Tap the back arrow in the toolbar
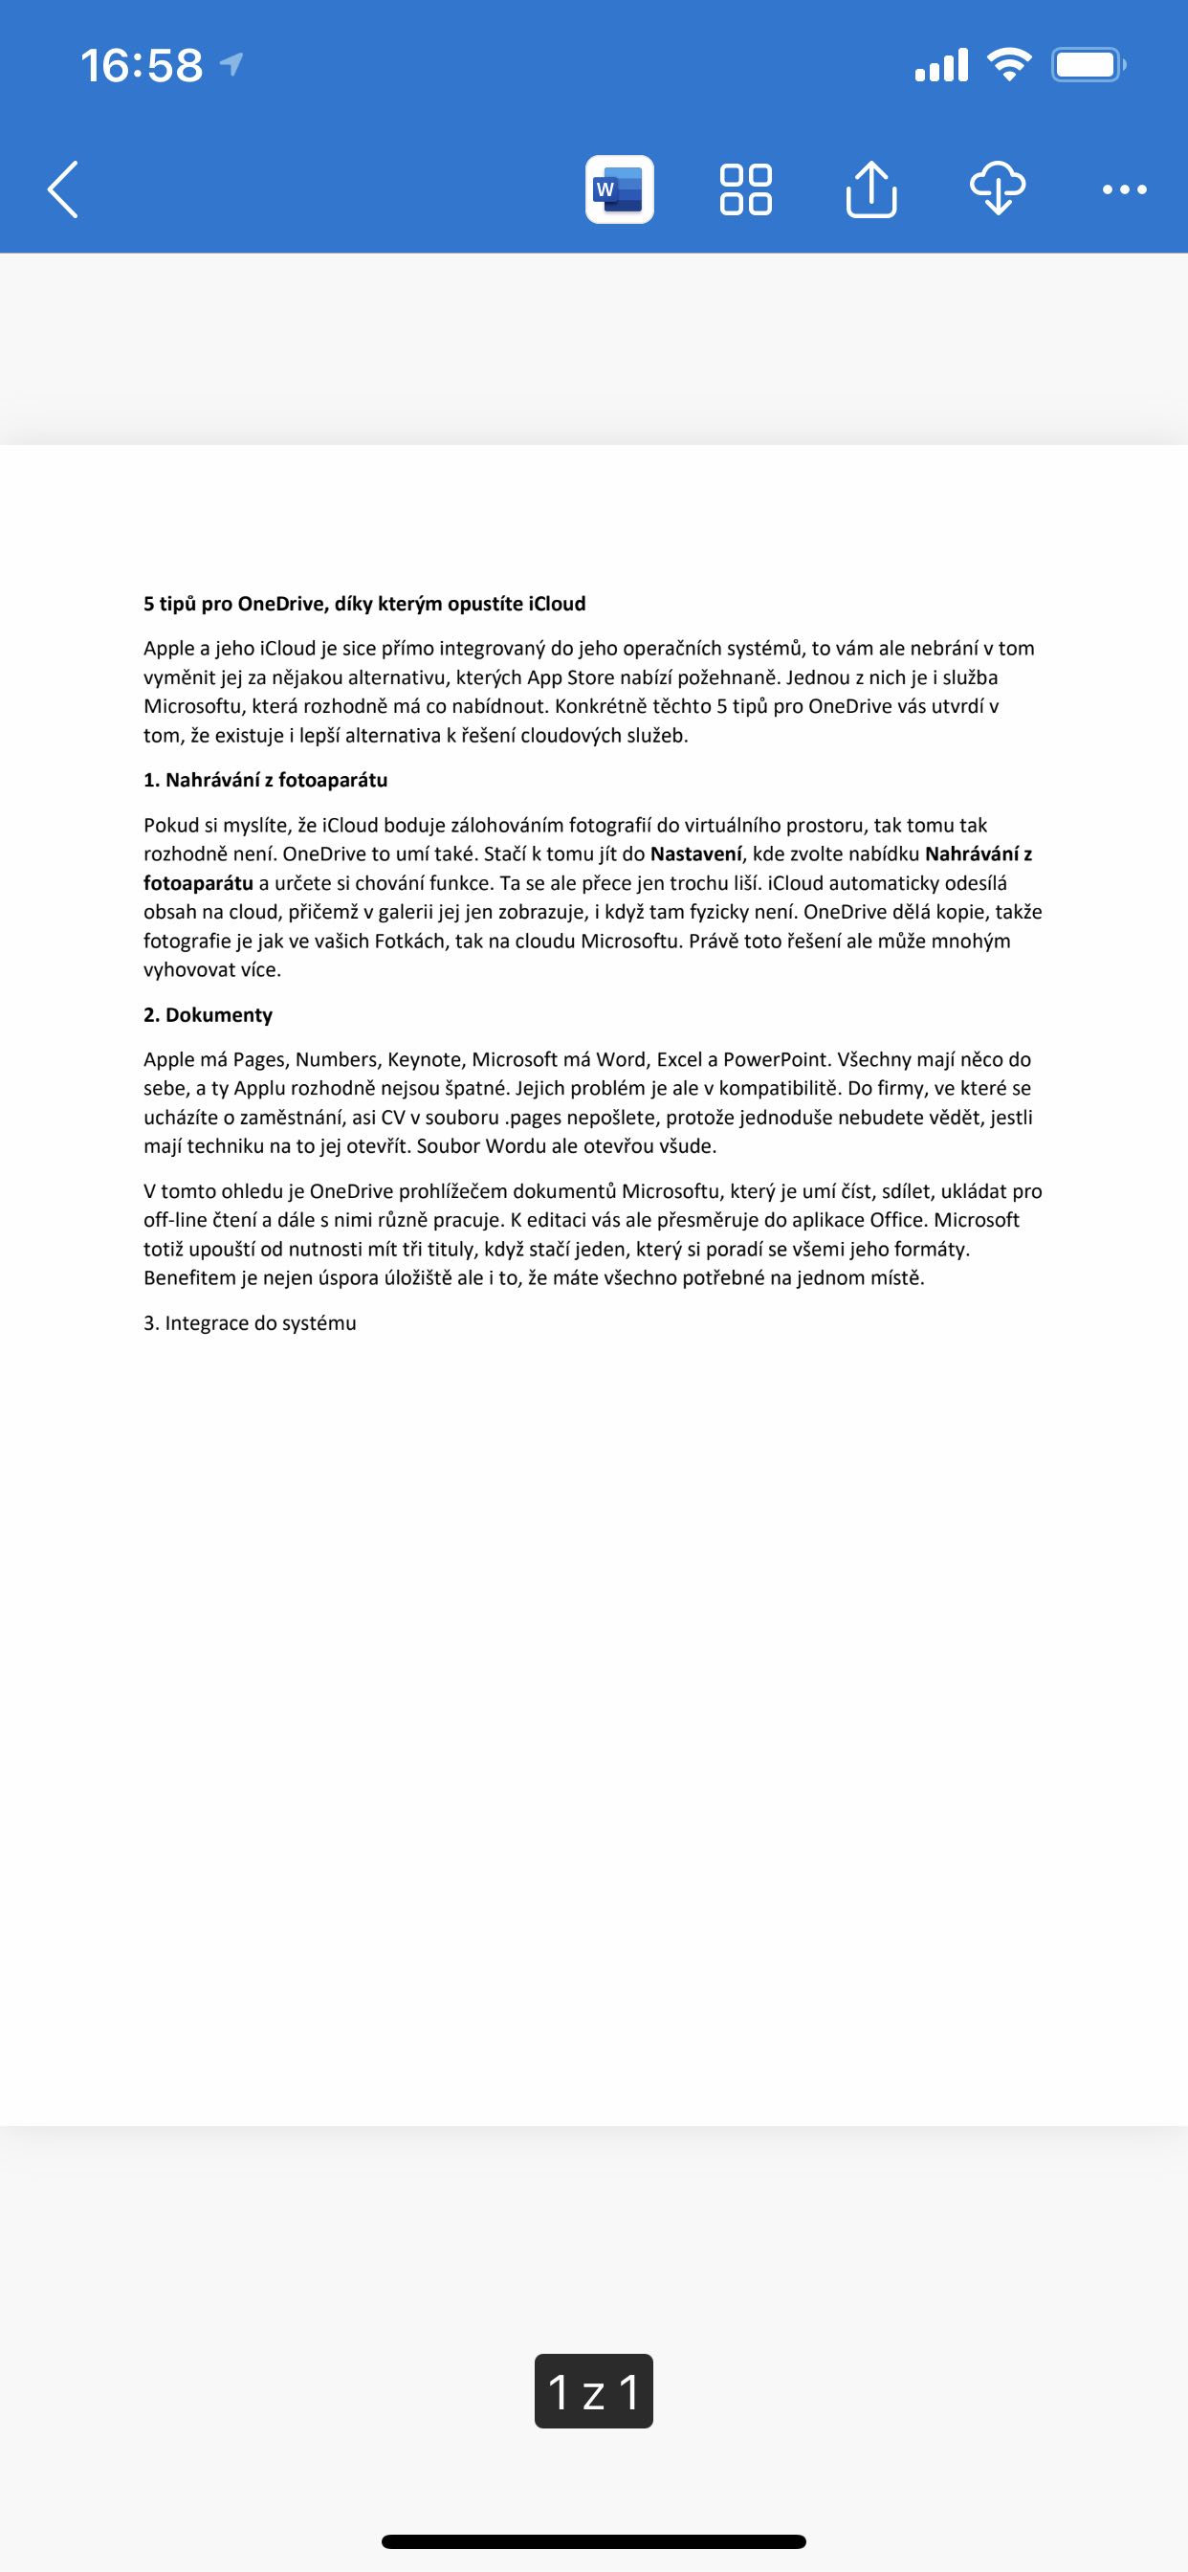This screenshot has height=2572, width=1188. click(x=63, y=188)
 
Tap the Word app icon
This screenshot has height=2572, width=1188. click(x=619, y=188)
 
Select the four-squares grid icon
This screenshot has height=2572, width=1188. click(x=745, y=188)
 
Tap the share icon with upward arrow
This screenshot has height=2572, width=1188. click(x=870, y=188)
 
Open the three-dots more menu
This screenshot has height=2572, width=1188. click(x=1124, y=188)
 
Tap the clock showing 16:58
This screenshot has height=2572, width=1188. click(x=142, y=66)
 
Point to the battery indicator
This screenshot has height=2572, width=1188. click(x=1088, y=66)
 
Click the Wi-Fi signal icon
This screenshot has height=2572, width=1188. click(x=1008, y=66)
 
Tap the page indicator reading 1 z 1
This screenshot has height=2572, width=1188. click(x=593, y=2391)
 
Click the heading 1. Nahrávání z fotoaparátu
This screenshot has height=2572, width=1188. click(x=266, y=780)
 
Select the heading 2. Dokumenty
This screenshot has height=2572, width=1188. click(x=208, y=1014)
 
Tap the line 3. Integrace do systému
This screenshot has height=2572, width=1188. click(x=250, y=1323)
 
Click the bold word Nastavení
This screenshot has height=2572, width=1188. click(x=695, y=854)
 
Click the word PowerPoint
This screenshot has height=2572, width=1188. click(x=777, y=1059)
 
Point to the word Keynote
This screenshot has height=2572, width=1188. click(x=425, y=1059)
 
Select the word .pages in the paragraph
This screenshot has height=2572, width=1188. click(x=534, y=1118)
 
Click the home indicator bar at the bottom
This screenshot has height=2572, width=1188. click(x=593, y=2541)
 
